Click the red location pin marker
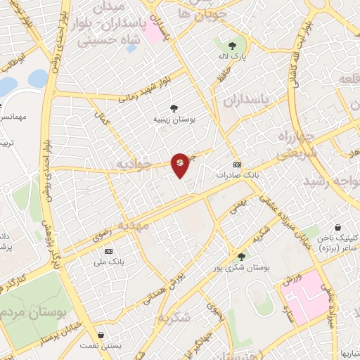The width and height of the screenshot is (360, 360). [x=180, y=165]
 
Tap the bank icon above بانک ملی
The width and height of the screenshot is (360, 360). [x=108, y=251]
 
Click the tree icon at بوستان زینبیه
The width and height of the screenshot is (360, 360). [x=173, y=108]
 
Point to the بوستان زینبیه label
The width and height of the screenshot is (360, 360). [x=173, y=120]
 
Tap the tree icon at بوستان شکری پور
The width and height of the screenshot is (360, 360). [x=242, y=257]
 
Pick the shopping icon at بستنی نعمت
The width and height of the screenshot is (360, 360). [x=104, y=335]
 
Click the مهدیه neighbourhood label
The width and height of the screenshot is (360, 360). [x=134, y=226]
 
